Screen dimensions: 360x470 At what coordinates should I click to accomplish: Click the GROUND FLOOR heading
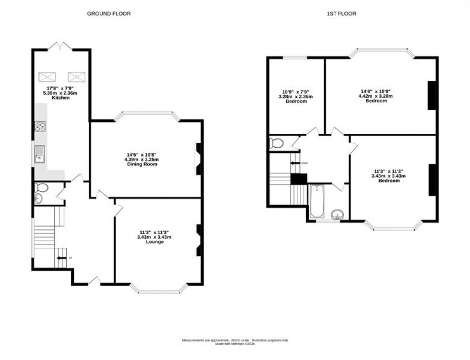click(108, 14)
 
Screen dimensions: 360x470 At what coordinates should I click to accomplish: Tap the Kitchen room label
click(62, 98)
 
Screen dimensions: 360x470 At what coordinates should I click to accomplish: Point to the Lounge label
click(155, 242)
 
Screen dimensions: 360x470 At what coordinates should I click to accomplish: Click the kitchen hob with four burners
click(40, 127)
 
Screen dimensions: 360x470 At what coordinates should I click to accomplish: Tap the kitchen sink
click(39, 154)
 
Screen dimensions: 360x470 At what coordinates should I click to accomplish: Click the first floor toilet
click(275, 142)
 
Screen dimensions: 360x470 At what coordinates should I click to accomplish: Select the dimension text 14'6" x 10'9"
click(376, 91)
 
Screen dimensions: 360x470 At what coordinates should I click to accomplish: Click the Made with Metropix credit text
click(235, 344)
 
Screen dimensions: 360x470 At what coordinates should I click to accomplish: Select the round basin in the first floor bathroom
click(339, 214)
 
